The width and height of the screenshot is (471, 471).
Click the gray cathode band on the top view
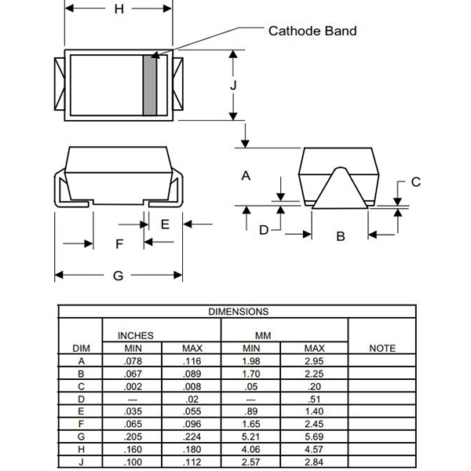click(x=150, y=86)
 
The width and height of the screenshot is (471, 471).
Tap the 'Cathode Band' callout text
click(x=312, y=31)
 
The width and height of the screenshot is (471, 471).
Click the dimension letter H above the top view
click(x=119, y=9)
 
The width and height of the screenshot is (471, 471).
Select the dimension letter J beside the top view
click(x=233, y=86)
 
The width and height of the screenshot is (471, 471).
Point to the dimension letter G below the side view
click(x=118, y=276)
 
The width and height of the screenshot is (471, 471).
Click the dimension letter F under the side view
click(x=119, y=243)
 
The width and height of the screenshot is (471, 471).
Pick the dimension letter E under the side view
click(x=165, y=225)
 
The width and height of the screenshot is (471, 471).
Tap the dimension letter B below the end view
click(x=341, y=236)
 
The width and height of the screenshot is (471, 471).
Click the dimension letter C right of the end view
click(x=416, y=182)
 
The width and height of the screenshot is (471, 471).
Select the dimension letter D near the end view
click(x=264, y=230)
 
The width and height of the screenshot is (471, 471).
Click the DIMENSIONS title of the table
click(x=238, y=312)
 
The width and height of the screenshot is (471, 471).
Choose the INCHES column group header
click(x=136, y=335)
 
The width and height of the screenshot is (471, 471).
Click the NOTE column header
click(x=382, y=348)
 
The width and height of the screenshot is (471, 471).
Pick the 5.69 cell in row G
click(x=314, y=436)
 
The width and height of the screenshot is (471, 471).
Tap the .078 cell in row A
click(x=133, y=361)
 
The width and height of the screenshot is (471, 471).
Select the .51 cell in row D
click(x=314, y=399)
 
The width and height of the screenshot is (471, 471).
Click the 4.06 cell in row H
click(x=251, y=449)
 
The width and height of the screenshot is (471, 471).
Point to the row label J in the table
click(x=81, y=462)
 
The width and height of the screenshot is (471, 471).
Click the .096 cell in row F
click(x=192, y=424)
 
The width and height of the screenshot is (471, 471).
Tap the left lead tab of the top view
click(x=60, y=84)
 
